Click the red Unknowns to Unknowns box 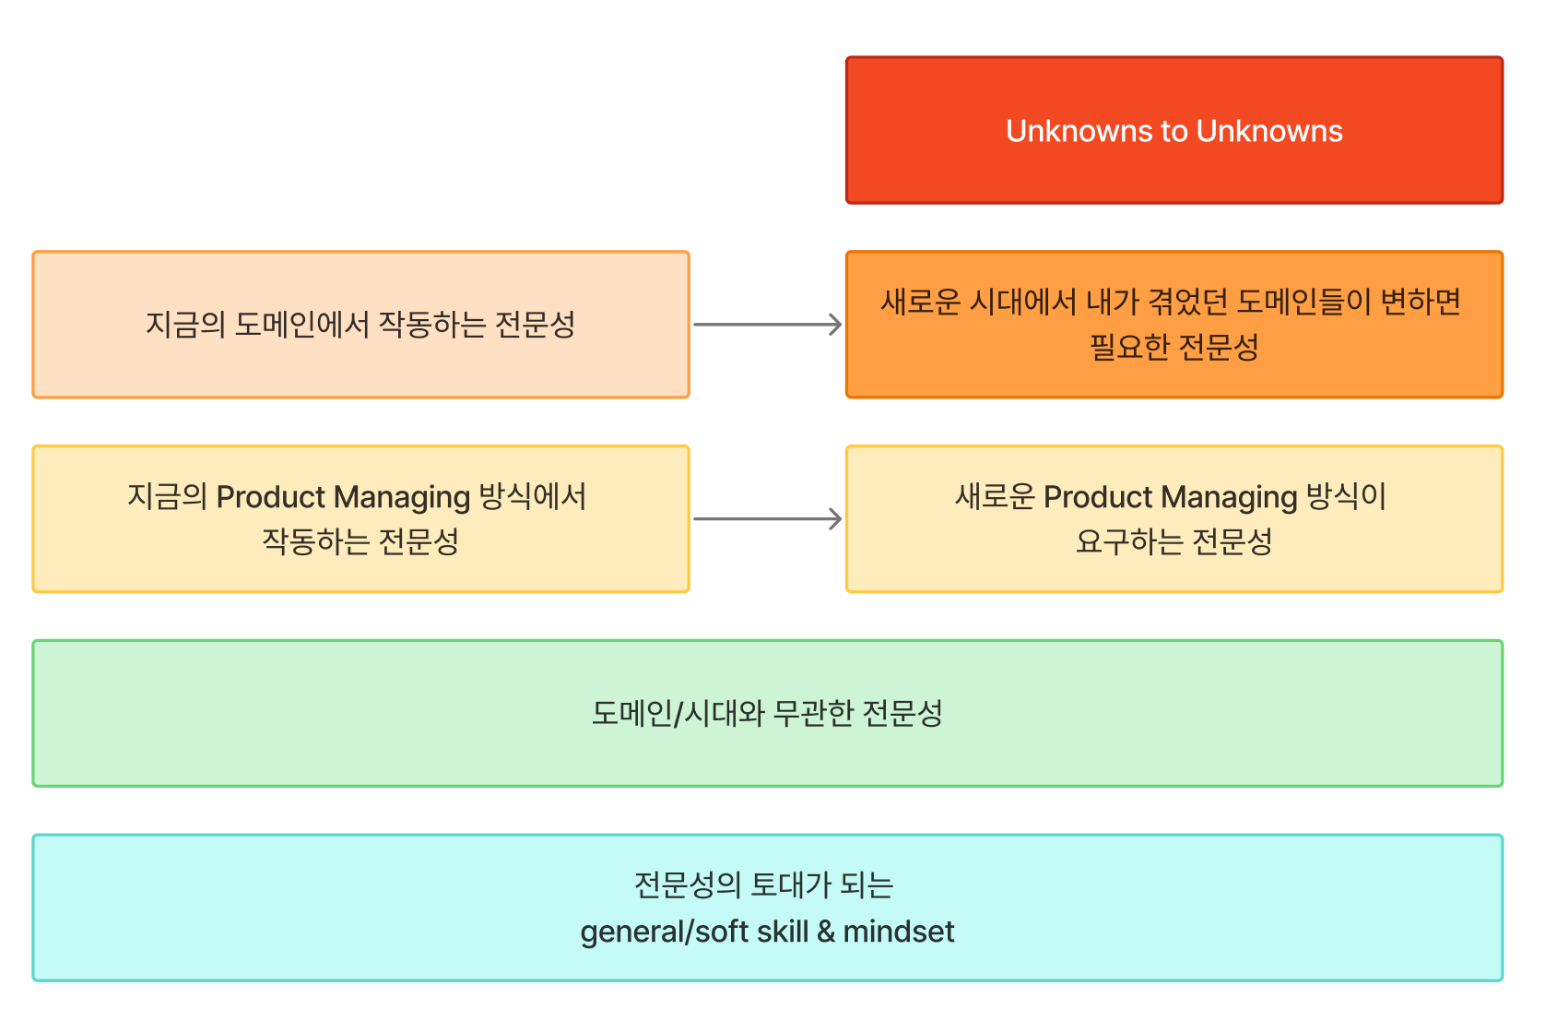tap(1173, 130)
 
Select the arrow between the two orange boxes tap(767, 325)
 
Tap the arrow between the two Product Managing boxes tap(767, 519)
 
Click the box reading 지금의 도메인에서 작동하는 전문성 tap(360, 325)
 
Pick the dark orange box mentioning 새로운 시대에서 tap(1173, 325)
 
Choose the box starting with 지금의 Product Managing tap(360, 519)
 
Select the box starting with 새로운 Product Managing tap(1173, 519)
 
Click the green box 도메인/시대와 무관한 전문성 tap(767, 714)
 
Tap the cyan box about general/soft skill tap(767, 908)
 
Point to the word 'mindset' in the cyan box tap(898, 932)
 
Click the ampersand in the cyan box tap(826, 932)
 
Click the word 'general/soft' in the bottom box tap(665, 932)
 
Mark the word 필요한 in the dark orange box tap(1129, 347)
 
